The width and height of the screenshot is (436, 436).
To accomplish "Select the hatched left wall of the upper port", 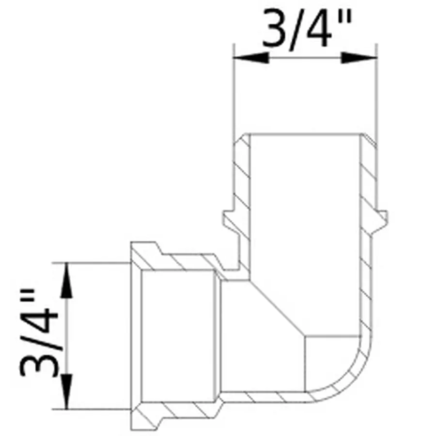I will (241, 179).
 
